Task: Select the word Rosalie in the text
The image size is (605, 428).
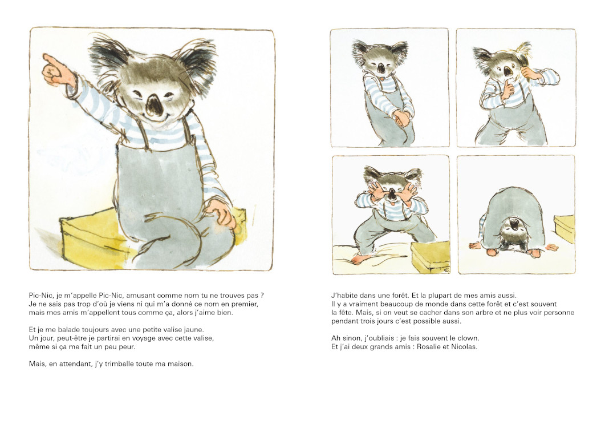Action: pos(426,346)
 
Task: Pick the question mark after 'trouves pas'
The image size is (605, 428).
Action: pos(262,296)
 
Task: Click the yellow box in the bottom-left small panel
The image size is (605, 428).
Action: pos(430,256)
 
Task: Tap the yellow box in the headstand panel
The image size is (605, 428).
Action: pos(564,229)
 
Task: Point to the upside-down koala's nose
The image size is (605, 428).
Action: pos(514,224)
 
